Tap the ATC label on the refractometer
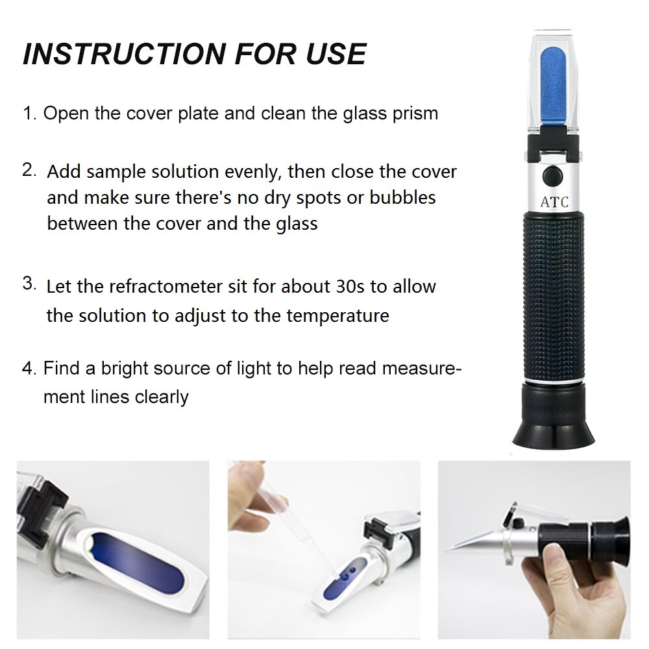554,202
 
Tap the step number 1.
29,114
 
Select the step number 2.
29,170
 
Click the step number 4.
29,369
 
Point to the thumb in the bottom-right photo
558,558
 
